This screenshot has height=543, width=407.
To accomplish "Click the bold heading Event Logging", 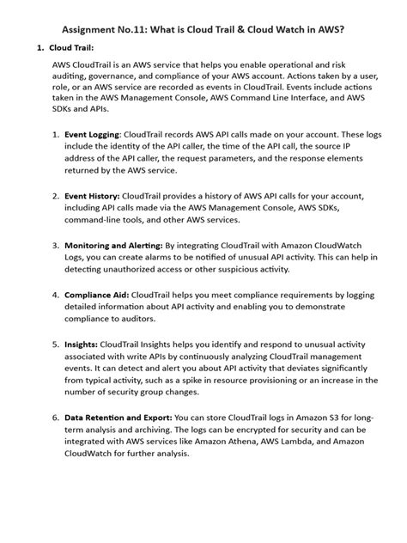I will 92,135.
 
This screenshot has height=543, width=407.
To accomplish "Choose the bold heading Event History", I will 92,196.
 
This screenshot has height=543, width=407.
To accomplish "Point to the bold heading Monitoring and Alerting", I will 114,244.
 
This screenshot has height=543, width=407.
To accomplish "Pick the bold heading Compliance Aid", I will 99,293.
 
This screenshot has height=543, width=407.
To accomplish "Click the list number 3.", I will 56,244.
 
